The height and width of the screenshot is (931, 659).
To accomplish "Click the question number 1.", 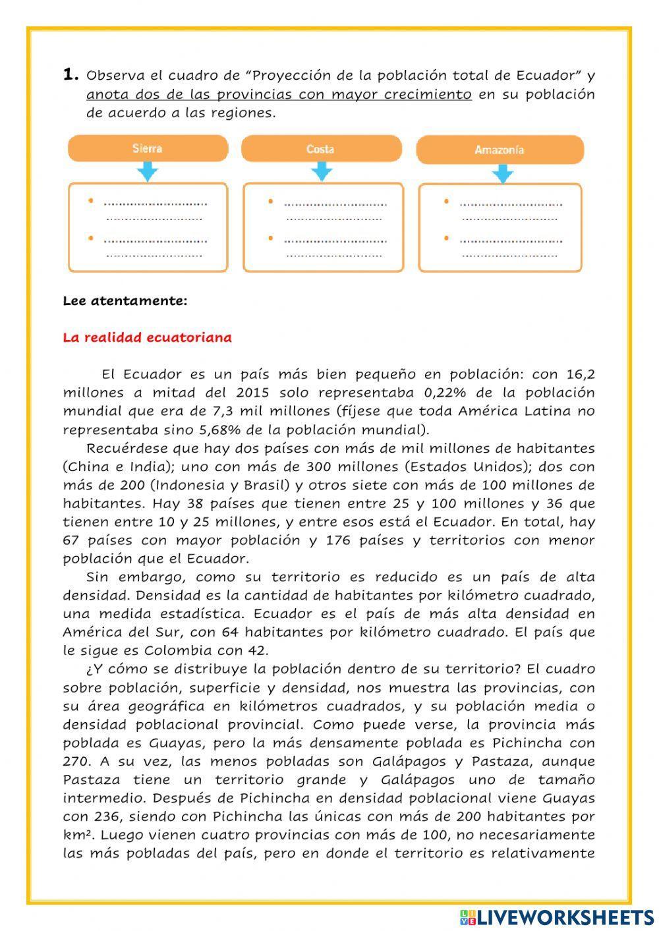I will [71, 74].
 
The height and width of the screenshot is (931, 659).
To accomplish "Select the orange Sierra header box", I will [148, 148].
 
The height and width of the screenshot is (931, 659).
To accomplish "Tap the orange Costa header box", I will [321, 149].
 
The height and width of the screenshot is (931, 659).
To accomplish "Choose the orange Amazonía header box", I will [500, 150].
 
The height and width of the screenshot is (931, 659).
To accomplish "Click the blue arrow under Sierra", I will [148, 172].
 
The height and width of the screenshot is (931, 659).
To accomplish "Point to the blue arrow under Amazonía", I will [502, 173].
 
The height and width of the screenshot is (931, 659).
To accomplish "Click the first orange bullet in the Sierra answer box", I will [90, 201].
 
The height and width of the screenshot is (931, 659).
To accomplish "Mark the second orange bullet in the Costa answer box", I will [271, 238].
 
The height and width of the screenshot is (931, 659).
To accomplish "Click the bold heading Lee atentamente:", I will [125, 301].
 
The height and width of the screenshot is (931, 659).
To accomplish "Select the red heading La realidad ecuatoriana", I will [147, 338].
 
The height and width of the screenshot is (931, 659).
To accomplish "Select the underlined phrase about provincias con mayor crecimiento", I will [279, 94].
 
